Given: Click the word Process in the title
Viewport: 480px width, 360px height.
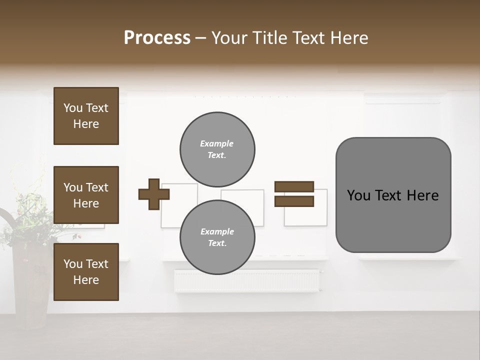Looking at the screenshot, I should tap(157, 38).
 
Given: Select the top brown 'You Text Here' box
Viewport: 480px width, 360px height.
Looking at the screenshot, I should tap(86, 116).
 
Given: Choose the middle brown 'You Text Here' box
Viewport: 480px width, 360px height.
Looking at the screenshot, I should tap(86, 195).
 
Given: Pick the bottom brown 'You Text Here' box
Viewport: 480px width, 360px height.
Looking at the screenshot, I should tap(86, 272).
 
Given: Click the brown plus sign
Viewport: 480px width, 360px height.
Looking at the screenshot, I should tap(154, 194).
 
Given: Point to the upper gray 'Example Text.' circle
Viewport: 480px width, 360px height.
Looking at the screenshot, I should tap(217, 149).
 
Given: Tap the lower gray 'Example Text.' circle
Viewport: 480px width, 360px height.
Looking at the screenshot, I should tap(217, 237).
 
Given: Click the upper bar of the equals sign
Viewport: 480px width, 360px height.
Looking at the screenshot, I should tap(294, 186).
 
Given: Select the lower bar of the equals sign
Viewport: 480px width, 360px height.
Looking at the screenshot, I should tap(294, 201).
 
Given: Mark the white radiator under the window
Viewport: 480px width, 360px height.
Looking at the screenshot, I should tap(247, 281).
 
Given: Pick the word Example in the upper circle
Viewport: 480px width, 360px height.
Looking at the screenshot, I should tap(217, 143).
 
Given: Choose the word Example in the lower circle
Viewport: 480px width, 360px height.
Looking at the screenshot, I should tap(217, 231).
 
